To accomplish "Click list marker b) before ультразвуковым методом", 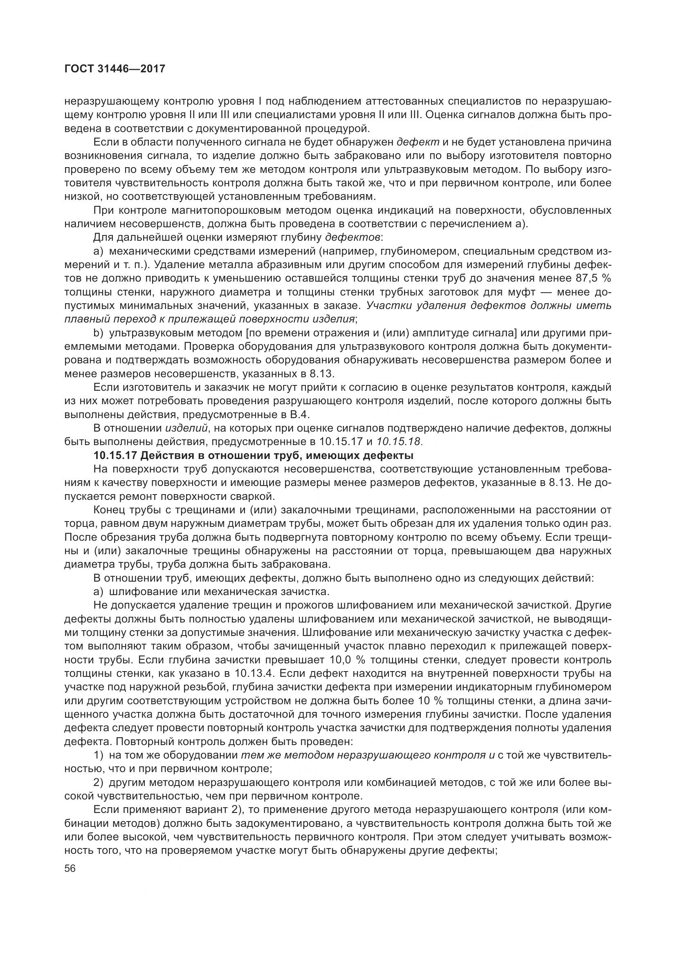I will (x=98, y=333).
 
